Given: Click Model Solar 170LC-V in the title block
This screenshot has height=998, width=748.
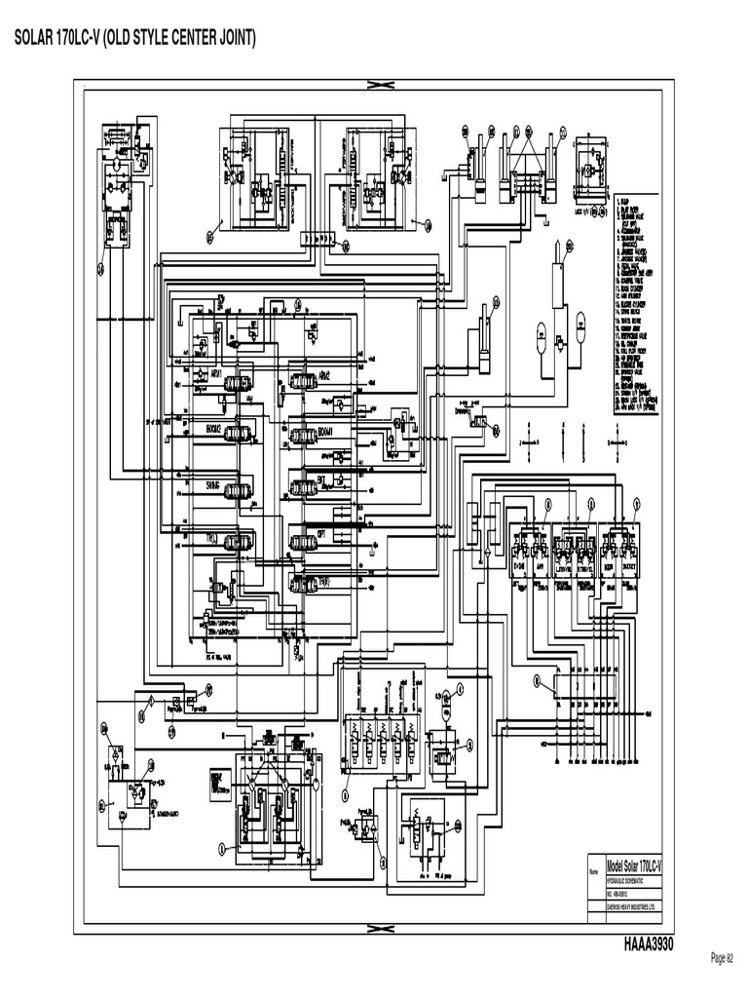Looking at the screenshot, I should coord(634,865).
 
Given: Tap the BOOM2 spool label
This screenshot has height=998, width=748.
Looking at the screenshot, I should coord(211,429).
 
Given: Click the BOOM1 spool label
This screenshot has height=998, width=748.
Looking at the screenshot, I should coord(325,430).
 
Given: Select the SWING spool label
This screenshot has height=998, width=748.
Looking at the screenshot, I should coord(211,483).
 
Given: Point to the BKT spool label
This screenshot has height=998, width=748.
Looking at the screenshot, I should coord(321,481).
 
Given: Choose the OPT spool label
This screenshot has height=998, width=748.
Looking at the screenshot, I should coord(321,534).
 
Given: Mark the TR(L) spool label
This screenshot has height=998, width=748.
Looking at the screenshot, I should coord(209,538).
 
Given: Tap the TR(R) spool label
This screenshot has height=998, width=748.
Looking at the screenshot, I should coord(322,580).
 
